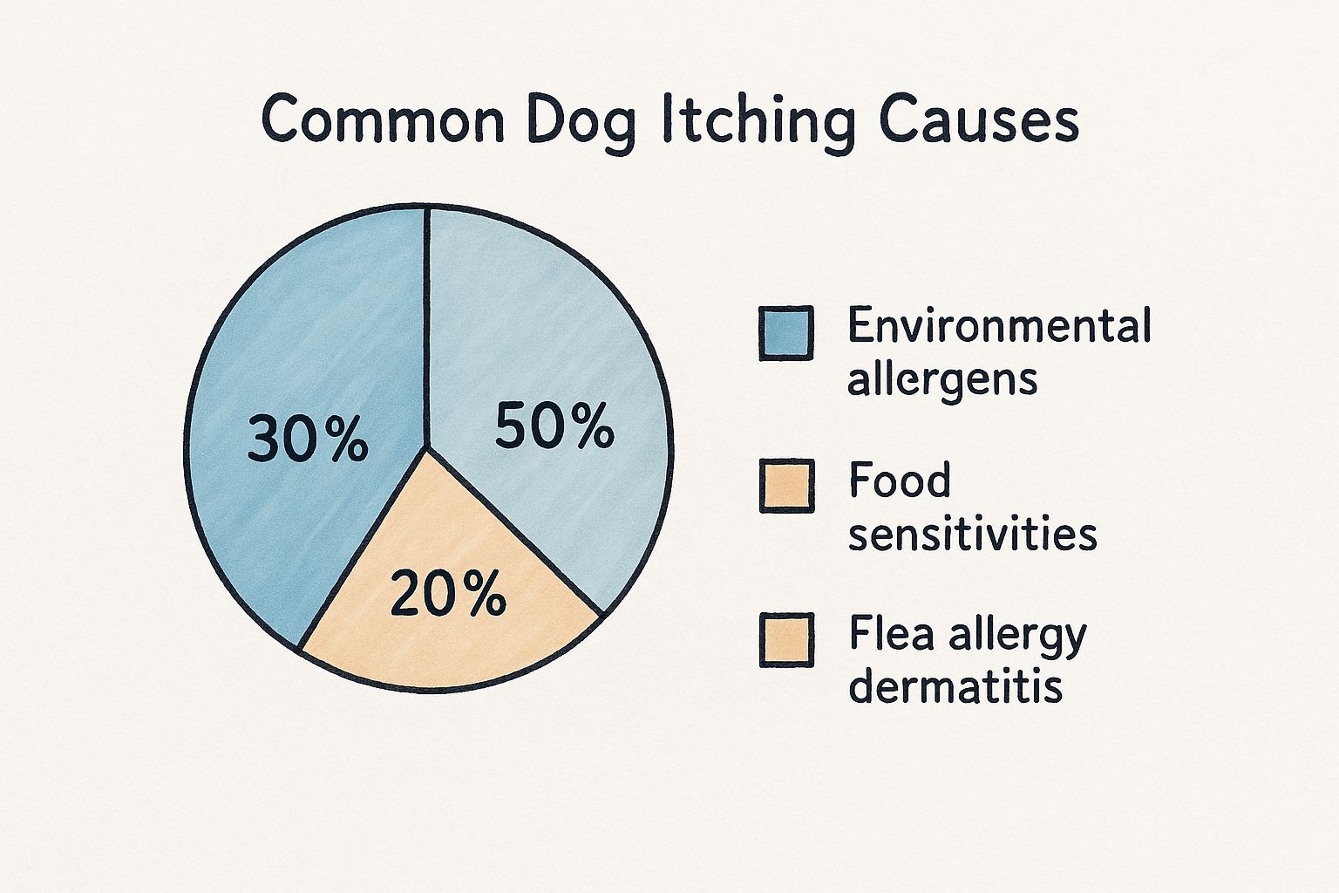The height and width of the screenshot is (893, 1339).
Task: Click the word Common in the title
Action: coord(384,122)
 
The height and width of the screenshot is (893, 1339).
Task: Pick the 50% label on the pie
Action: coord(554,428)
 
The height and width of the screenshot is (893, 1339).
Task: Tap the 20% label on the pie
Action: coord(448,596)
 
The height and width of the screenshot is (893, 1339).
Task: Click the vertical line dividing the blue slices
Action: coord(426,331)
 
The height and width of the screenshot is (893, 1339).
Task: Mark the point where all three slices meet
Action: coord(426,447)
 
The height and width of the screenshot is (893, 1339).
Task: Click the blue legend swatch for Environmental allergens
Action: coord(785,333)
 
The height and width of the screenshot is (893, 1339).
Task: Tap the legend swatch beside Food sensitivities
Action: coord(786,486)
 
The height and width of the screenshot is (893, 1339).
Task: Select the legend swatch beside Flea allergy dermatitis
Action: coord(786,640)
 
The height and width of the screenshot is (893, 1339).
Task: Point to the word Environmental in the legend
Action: coord(999,327)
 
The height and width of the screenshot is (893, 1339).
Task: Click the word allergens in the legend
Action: coord(942,380)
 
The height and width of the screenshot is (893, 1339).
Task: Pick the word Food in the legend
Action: coord(900,481)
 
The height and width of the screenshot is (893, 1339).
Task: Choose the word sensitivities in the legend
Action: coord(972,534)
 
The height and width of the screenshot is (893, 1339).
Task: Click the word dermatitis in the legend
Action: coord(955,687)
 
